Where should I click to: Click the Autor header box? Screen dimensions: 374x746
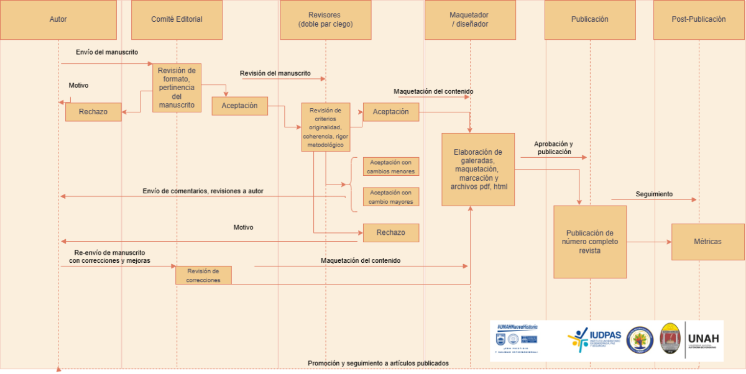pyautogui.click(x=58, y=19)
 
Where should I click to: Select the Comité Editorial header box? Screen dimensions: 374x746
pyautogui.click(x=177, y=19)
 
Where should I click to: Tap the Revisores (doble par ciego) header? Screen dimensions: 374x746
pyautogui.click(x=325, y=19)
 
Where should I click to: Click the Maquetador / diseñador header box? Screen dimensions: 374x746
pyautogui.click(x=469, y=19)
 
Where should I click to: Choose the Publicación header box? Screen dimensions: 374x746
pyautogui.click(x=589, y=19)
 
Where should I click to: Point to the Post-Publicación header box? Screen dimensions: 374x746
pyautogui.click(x=699, y=19)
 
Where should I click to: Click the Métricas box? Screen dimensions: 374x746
pyautogui.click(x=707, y=241)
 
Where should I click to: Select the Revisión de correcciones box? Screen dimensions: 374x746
pyautogui.click(x=203, y=275)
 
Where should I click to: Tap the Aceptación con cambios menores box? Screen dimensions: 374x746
pyautogui.click(x=391, y=166)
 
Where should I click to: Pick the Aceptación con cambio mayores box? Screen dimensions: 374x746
pyautogui.click(x=391, y=197)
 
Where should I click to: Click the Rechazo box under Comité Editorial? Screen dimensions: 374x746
pyautogui.click(x=93, y=112)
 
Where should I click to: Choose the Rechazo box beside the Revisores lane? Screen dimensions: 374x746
pyautogui.click(x=391, y=232)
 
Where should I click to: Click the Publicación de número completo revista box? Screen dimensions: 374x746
pyautogui.click(x=589, y=242)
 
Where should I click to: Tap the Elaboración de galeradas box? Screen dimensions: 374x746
pyautogui.click(x=478, y=169)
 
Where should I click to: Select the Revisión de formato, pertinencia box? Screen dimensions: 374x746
pyautogui.click(x=177, y=88)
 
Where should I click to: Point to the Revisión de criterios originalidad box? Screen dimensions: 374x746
pyautogui.click(x=325, y=127)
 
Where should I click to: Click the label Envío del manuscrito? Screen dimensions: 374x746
pyautogui.click(x=107, y=52)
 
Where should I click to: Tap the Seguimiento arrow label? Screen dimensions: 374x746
pyautogui.click(x=653, y=194)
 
